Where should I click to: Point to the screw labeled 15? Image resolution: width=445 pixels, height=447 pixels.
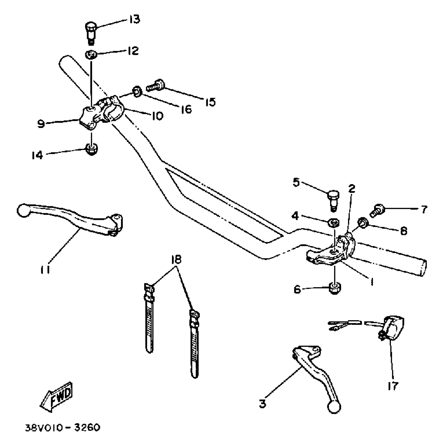click(155, 86)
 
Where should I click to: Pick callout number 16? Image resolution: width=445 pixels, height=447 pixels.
click(186, 109)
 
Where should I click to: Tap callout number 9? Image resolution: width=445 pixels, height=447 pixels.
click(41, 124)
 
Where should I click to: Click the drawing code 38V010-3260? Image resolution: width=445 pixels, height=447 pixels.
click(62, 428)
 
